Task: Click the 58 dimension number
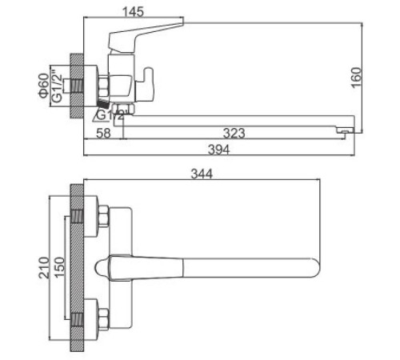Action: (102, 132)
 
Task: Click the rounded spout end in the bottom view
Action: (314, 266)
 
